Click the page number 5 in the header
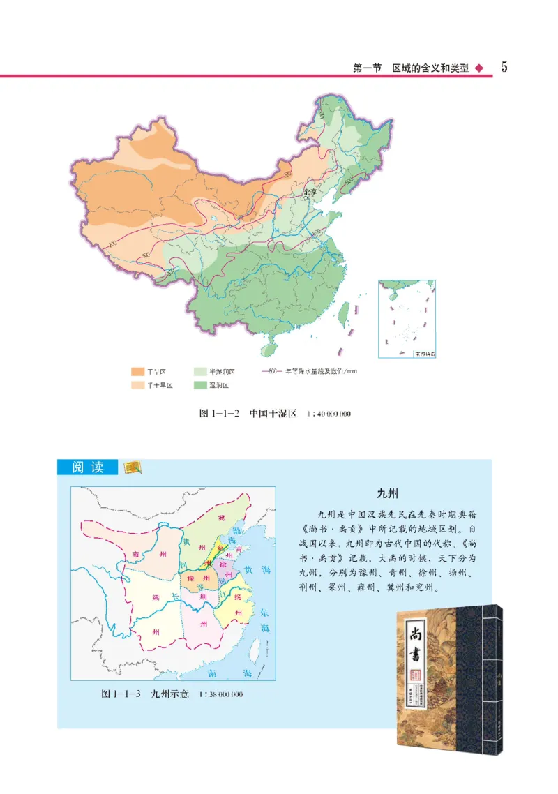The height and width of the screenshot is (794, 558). [504, 67]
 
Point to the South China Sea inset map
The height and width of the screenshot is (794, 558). [407, 319]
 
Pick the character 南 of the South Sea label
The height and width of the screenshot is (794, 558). [213, 674]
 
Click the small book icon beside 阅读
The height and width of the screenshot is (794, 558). [130, 467]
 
